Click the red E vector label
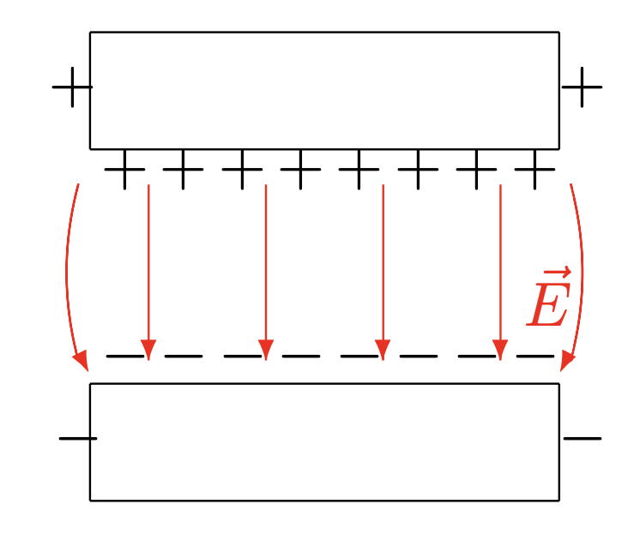[x=548, y=297]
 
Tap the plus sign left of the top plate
[x=72, y=87]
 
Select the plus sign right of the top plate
[x=582, y=87]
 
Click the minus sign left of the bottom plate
[x=78, y=439]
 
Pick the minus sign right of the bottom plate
[x=583, y=439]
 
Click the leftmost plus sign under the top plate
[x=124, y=169]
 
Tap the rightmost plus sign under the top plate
[x=534, y=169]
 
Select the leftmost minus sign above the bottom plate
[x=125, y=356]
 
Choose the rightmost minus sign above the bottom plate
[x=535, y=356]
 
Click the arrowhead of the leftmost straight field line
[x=148, y=350]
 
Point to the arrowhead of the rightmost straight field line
[x=500, y=350]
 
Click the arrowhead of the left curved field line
[x=82, y=362]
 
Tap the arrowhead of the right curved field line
[x=566, y=362]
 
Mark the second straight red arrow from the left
[x=266, y=273]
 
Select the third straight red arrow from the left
[x=383, y=273]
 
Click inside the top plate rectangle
[x=324, y=91]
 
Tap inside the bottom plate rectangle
[x=324, y=442]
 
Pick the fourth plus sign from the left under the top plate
[x=300, y=169]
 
